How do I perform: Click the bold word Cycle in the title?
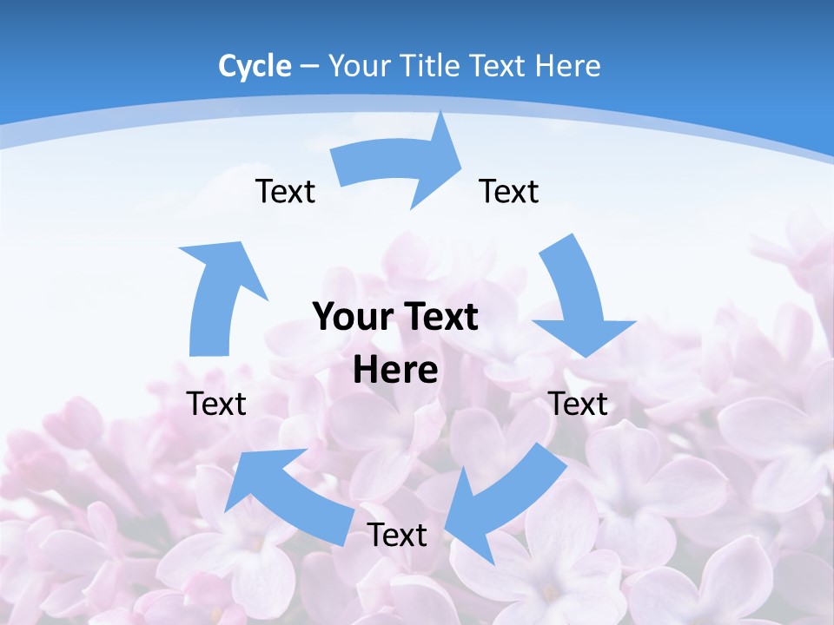pyautogui.click(x=255, y=66)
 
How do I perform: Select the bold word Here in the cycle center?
pyautogui.click(x=395, y=370)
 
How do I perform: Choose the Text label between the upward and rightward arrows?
pyautogui.click(x=285, y=191)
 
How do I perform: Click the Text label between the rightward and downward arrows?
pyautogui.click(x=509, y=191)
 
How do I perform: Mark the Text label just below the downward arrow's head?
pyautogui.click(x=579, y=404)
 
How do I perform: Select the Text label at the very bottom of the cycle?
pyautogui.click(x=397, y=535)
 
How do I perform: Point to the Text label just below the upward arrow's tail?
pyautogui.click(x=216, y=404)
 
